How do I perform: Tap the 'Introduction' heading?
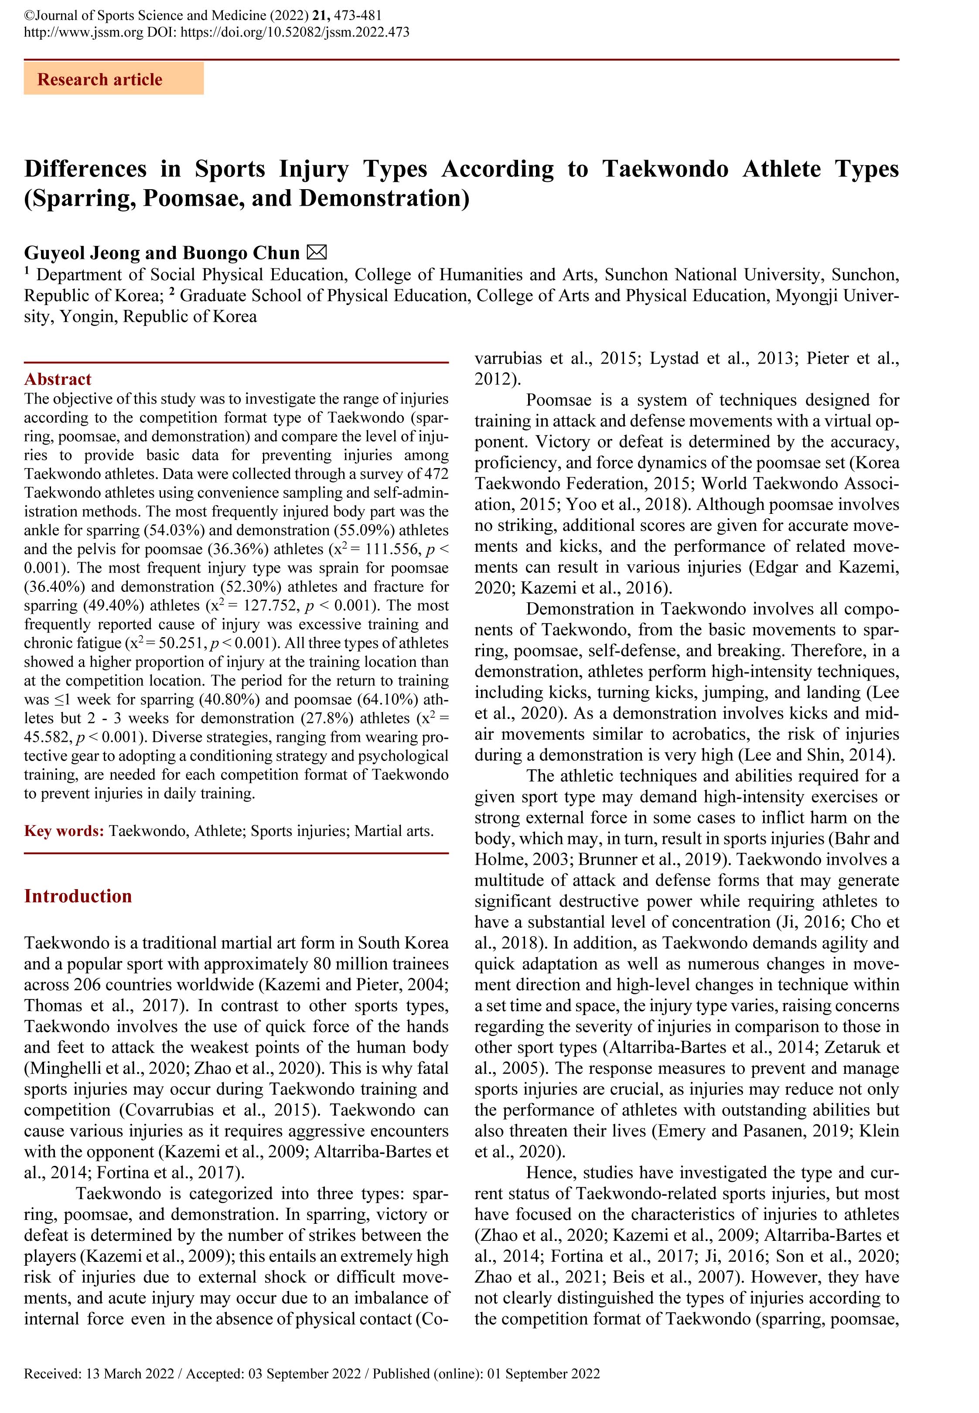[x=78, y=896]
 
